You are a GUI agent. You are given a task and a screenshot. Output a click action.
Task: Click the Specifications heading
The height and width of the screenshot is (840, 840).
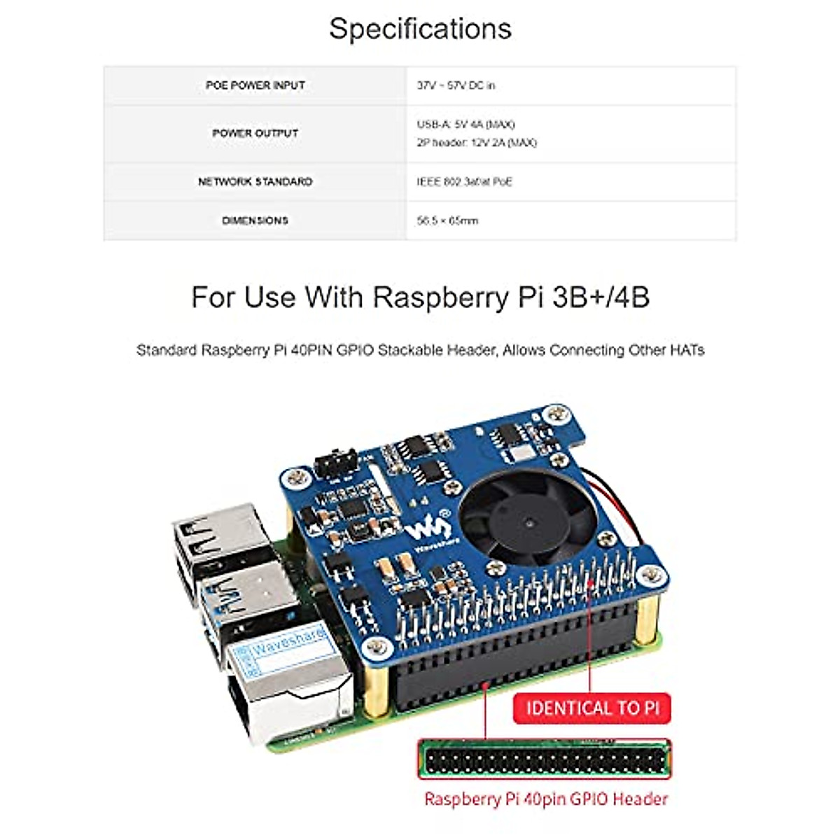420,29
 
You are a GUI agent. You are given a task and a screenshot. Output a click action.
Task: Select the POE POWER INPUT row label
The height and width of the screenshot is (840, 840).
255,85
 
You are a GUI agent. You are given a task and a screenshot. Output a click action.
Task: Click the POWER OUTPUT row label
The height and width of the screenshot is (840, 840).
255,133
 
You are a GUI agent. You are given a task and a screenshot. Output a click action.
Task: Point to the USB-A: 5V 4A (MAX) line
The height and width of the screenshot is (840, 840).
465,125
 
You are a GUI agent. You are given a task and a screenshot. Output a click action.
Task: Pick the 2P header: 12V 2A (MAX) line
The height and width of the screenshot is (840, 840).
477,143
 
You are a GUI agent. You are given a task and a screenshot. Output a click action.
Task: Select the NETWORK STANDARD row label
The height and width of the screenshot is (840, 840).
255,182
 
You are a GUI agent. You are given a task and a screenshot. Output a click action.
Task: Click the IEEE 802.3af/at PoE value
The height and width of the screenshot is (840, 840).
464,182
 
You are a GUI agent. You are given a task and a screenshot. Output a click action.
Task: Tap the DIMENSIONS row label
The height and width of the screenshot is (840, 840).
255,220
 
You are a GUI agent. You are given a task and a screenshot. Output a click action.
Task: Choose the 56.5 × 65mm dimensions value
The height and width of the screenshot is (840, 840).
447,220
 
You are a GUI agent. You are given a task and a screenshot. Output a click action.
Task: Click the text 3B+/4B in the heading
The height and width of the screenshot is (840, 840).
601,297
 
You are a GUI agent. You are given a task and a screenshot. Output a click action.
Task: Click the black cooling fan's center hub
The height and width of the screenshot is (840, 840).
528,521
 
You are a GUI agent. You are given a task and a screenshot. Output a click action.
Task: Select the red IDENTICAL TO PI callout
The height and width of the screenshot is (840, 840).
592,708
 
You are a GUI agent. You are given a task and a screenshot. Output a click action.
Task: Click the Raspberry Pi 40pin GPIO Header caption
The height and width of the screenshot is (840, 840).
546,799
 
